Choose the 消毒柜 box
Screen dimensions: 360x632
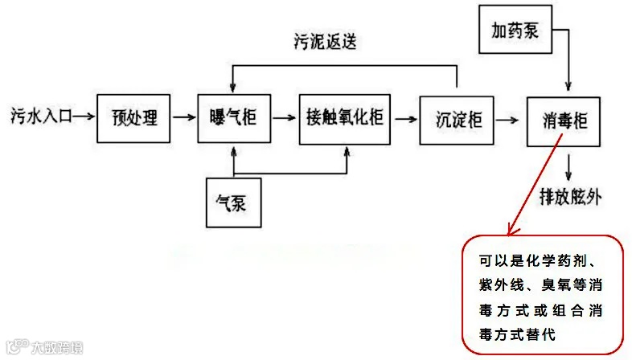pos(564,122)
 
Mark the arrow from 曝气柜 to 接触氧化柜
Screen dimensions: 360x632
pos(283,118)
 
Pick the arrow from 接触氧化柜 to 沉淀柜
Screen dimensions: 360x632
pos(404,119)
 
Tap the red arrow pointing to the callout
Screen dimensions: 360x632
pos(531,186)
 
